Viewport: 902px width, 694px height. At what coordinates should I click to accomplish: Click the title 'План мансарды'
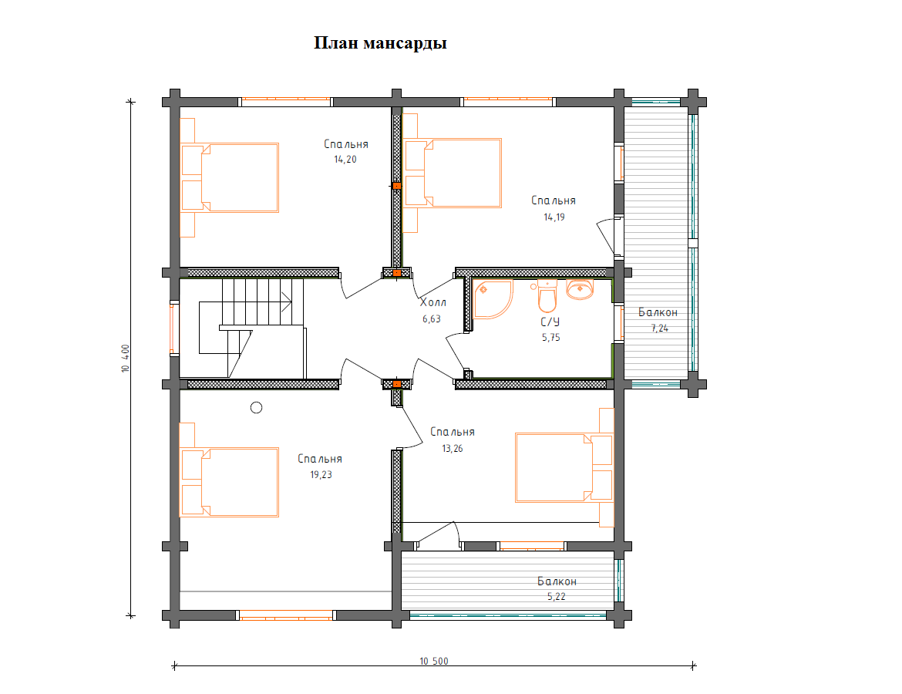tap(380, 43)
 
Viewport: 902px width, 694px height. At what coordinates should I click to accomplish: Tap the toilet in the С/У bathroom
tap(547, 296)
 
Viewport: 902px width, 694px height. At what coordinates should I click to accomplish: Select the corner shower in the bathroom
tap(493, 299)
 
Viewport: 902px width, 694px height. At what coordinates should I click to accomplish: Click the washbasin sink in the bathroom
tap(580, 289)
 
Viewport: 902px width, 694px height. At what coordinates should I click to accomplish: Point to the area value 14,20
tap(345, 160)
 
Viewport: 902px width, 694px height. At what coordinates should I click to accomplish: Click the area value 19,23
tap(321, 475)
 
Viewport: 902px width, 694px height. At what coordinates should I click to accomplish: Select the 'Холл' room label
tap(432, 302)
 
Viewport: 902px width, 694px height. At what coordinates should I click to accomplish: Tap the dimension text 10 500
tap(434, 661)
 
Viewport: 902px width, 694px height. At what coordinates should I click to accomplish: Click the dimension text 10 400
tap(126, 359)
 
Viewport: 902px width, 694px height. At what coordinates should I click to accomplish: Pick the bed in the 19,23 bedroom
tap(229, 482)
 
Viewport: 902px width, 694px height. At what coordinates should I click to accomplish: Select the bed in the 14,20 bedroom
tap(229, 177)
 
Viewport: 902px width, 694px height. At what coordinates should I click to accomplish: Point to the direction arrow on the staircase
tap(287, 302)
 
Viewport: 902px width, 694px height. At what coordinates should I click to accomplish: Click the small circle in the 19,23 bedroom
tap(257, 407)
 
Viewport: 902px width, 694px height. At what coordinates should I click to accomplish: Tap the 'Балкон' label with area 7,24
tap(658, 312)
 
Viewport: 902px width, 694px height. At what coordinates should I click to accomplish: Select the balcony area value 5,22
tap(557, 597)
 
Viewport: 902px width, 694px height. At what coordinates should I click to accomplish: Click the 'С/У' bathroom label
tap(550, 322)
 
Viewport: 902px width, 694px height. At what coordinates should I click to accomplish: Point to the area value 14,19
tap(554, 217)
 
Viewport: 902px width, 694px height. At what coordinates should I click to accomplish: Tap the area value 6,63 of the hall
tap(432, 318)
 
